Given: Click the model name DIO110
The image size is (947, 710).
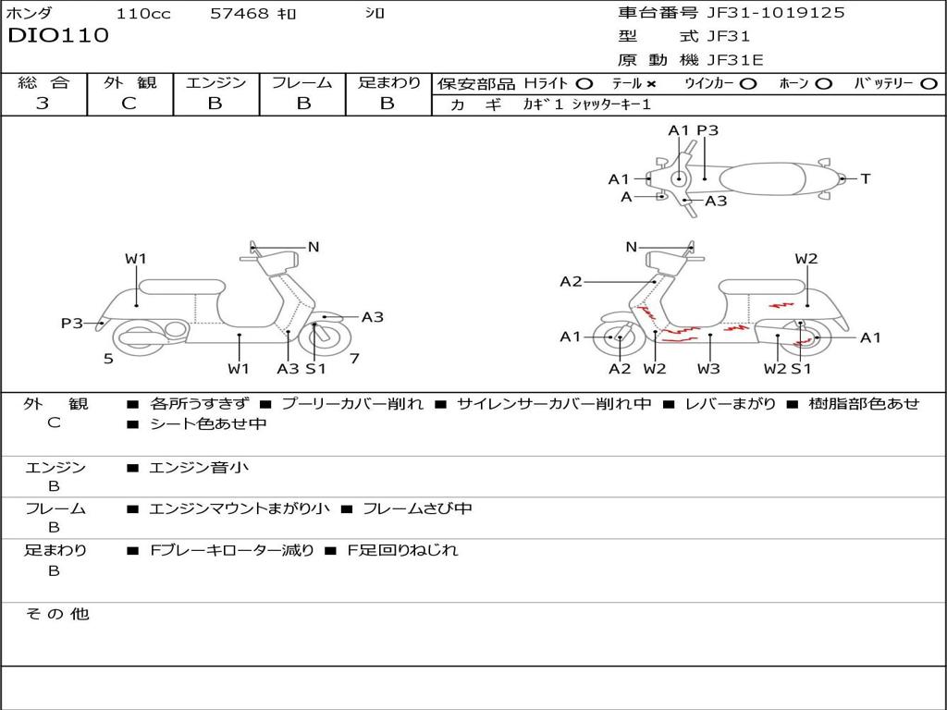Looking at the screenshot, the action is (58, 36).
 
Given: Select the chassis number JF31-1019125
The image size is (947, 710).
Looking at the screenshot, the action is (776, 13).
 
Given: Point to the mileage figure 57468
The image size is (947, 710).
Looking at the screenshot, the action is (240, 13).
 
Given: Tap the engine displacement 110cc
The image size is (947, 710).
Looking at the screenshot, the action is (143, 13).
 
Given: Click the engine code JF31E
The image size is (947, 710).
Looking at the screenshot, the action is (735, 60).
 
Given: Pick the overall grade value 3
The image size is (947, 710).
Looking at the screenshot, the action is (43, 104).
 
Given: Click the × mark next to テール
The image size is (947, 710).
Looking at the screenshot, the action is (651, 84).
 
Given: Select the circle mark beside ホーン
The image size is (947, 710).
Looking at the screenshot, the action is (823, 84).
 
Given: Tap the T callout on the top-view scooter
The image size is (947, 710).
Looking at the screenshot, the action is (866, 178).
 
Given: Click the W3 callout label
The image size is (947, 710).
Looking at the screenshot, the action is (708, 368).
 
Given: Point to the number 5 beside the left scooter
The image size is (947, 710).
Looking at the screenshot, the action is (108, 359).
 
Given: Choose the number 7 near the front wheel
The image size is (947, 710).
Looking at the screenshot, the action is (354, 359).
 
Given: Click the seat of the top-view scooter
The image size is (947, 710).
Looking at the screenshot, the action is (762, 179).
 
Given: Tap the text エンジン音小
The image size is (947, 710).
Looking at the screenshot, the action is (199, 467).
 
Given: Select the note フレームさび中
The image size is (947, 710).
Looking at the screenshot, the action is (417, 509).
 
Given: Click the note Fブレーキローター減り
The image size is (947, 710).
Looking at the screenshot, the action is (232, 550).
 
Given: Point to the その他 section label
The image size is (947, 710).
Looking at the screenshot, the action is (57, 614).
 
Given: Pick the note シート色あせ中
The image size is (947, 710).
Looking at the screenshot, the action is (208, 423).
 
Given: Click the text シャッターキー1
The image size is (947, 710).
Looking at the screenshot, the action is (611, 104).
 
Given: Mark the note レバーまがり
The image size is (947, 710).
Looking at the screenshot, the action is (731, 404).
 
